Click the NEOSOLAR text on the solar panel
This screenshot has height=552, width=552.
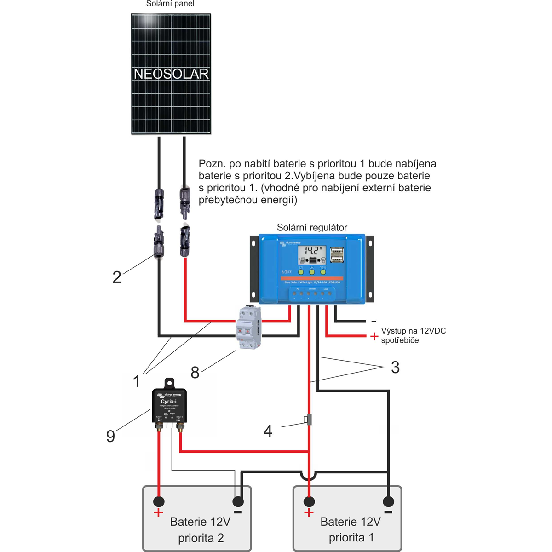(x=171, y=74)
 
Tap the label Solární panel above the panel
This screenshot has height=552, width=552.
(x=170, y=4)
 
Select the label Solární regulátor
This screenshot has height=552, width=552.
(x=312, y=227)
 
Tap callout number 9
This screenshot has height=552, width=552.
(x=110, y=436)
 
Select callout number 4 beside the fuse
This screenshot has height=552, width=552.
(x=268, y=431)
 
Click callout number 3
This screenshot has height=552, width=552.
(x=395, y=367)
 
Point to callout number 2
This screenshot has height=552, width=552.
(x=117, y=277)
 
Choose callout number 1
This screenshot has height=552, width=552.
(x=136, y=381)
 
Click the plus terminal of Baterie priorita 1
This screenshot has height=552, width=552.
(x=309, y=501)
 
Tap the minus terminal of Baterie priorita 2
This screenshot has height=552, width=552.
(x=238, y=501)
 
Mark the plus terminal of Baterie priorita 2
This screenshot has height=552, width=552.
(x=159, y=501)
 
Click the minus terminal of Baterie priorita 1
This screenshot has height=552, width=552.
(x=389, y=501)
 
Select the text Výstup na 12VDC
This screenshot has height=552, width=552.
(x=413, y=331)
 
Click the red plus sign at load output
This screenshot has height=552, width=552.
(x=374, y=337)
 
